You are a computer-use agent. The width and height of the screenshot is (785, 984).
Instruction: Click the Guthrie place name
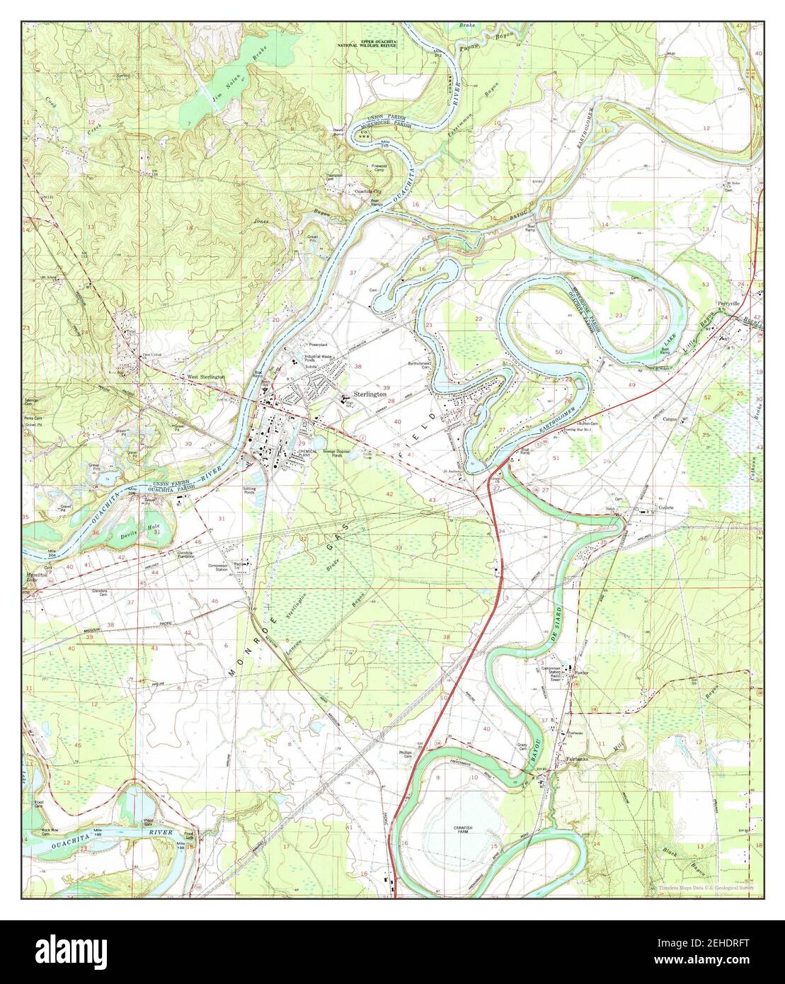pos(668,507)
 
